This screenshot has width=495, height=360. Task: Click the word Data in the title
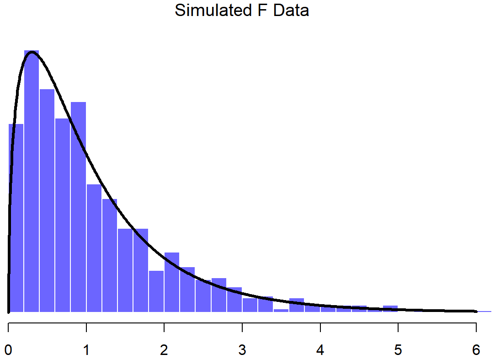click(291, 10)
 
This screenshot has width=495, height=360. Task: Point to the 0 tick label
click(9, 350)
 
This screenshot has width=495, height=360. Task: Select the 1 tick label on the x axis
click(86, 350)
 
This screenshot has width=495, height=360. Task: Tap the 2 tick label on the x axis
click(165, 350)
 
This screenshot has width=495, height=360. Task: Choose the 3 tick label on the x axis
click(242, 350)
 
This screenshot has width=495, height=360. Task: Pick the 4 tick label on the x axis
click(320, 350)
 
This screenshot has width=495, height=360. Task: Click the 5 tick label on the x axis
click(398, 350)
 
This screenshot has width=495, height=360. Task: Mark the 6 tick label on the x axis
click(476, 350)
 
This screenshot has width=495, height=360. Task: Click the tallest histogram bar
click(32, 183)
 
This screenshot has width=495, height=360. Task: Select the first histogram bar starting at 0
click(16, 220)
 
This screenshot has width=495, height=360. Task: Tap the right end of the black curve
click(476, 311)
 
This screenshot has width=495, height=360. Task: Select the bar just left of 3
click(234, 300)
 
